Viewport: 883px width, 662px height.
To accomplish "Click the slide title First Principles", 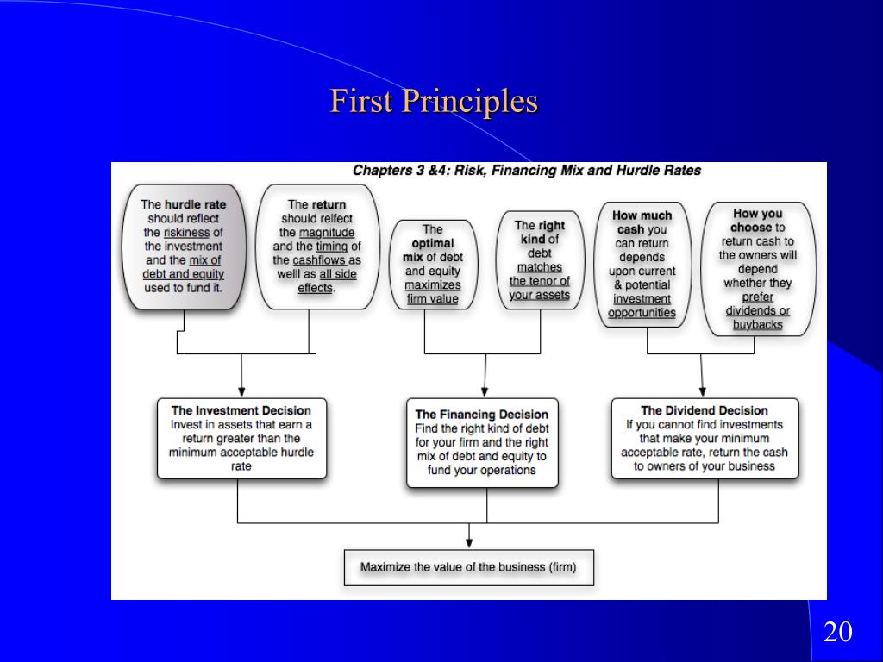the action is click(434, 102).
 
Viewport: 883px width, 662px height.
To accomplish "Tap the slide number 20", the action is click(837, 632).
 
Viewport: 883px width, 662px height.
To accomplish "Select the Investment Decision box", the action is click(241, 438).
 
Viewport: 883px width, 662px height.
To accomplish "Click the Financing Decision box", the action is click(483, 442).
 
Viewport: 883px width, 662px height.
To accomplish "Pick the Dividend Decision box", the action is click(705, 438).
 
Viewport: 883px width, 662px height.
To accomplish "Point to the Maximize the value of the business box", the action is click(468, 567).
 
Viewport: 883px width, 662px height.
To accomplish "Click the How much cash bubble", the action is click(643, 264).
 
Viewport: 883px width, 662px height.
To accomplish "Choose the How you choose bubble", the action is click(757, 269).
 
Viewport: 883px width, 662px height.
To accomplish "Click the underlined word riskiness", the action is click(186, 233).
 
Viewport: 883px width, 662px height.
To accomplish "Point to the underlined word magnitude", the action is click(327, 233).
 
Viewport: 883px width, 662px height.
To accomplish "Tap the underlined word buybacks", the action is click(757, 325).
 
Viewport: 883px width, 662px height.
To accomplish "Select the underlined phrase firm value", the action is click(432, 300).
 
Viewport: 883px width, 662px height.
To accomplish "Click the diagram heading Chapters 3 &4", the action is click(526, 171).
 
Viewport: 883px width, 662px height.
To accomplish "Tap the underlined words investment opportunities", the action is click(642, 306).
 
